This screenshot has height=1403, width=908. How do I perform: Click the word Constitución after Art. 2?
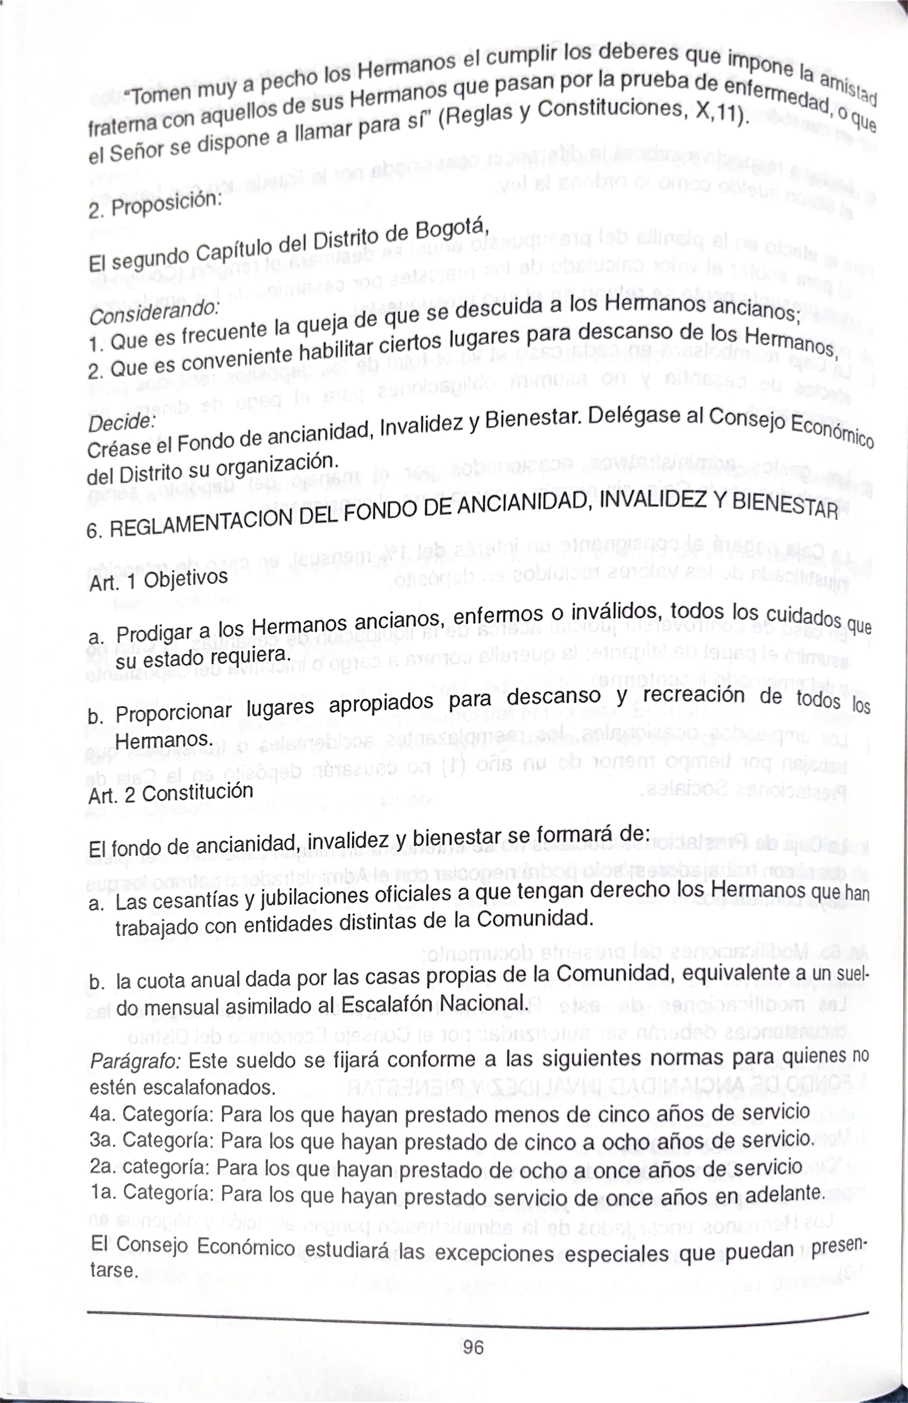(197, 793)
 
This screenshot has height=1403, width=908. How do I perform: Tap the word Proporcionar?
(174, 713)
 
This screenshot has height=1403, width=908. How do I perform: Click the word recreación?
(695, 696)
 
